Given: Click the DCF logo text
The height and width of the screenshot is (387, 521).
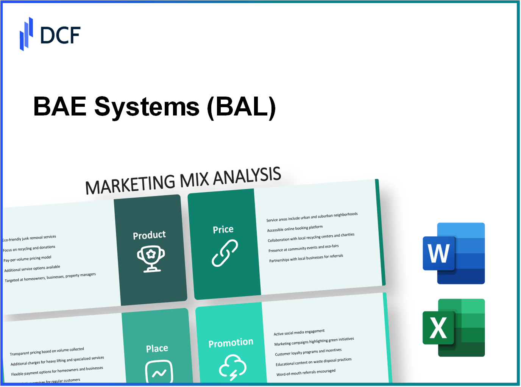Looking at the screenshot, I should click(60, 35).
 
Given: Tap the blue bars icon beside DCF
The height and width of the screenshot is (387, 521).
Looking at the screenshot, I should click(26, 34).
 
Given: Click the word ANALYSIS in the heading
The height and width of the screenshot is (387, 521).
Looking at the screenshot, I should click(247, 176).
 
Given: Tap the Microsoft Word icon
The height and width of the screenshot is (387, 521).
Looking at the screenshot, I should click(453, 253).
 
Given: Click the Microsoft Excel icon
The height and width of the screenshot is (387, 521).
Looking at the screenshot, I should click(453, 328).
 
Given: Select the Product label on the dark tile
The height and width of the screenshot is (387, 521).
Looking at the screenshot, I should click(149, 235).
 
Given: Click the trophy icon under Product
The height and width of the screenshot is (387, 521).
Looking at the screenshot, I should click(151, 259).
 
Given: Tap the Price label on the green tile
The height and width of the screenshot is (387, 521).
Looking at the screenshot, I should click(223, 229).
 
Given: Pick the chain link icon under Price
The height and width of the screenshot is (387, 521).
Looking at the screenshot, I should click(225, 253).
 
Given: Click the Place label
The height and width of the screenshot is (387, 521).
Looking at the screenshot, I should click(157, 348).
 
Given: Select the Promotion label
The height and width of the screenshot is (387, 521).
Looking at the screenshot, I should click(231, 343).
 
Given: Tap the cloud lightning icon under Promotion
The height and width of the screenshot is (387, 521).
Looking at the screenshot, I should click(232, 367).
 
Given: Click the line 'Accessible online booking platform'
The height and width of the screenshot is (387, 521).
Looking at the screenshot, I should click(295, 228).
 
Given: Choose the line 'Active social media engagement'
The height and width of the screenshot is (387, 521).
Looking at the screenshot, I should click(299, 332).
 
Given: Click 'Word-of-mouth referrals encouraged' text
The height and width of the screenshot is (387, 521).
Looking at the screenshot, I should click(306, 373).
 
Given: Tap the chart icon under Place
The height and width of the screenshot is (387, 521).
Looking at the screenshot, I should click(159, 372).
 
